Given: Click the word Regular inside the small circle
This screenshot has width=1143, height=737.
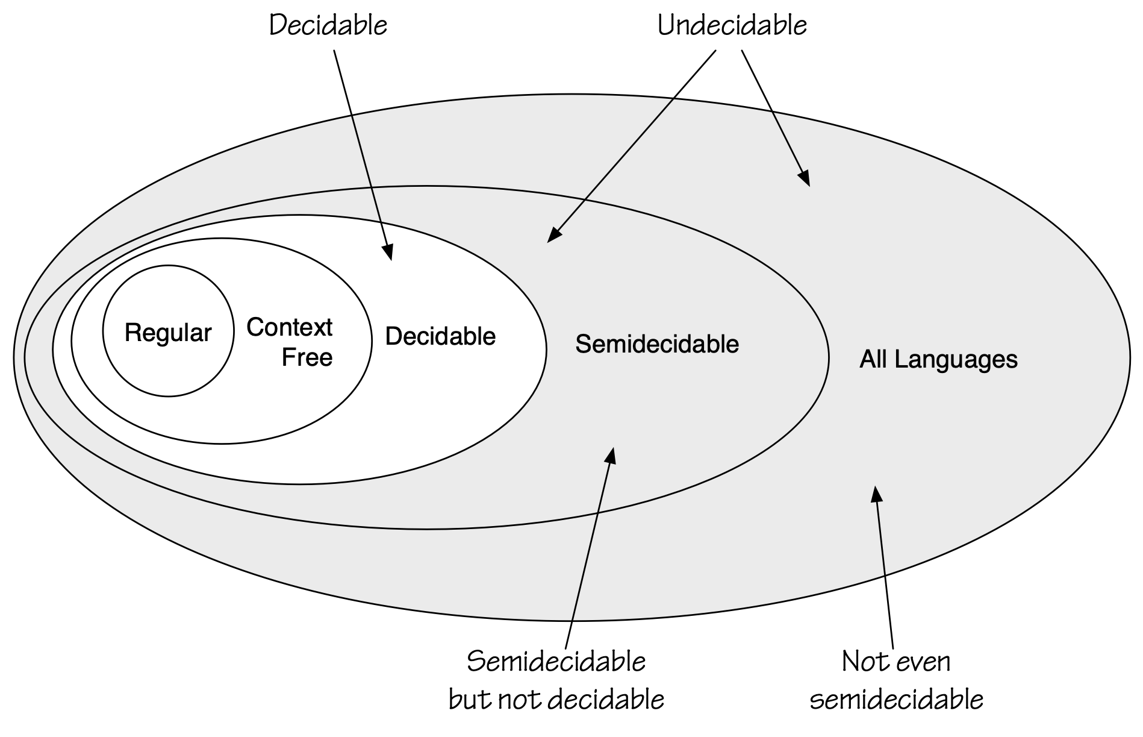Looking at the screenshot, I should [x=168, y=333].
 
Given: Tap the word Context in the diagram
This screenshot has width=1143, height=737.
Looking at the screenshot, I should [x=289, y=327].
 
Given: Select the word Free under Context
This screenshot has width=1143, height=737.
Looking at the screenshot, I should [x=307, y=357].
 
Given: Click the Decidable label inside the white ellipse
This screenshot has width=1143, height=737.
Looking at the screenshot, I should [x=440, y=336].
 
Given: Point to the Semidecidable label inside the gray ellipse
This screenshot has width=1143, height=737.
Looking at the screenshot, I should [x=657, y=344].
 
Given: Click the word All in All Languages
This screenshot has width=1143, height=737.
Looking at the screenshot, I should [x=873, y=359].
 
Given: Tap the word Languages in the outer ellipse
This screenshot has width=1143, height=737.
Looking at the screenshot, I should [x=955, y=360].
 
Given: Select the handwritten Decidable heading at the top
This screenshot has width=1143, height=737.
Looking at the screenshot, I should [x=328, y=26].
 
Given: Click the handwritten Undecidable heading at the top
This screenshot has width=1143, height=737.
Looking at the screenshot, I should [x=732, y=26].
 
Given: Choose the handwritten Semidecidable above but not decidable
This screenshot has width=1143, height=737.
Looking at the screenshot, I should [x=556, y=662].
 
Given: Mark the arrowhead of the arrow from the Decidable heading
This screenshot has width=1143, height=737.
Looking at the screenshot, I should [x=389, y=252].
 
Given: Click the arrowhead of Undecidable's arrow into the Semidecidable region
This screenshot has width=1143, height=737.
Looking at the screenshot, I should [x=553, y=236].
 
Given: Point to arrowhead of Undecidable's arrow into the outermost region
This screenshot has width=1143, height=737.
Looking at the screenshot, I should [x=805, y=179].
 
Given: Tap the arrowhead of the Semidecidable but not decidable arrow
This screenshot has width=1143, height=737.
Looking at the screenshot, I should [x=611, y=454].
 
